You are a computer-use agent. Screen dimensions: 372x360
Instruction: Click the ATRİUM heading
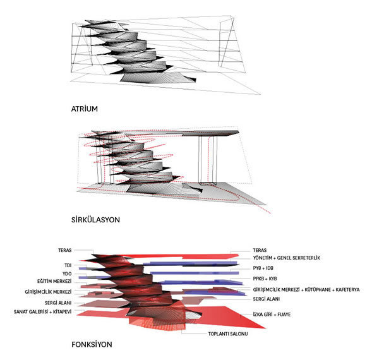tap(85, 109)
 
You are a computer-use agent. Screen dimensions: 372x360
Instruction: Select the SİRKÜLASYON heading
tap(95, 220)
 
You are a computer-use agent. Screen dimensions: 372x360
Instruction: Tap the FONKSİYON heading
tap(92, 344)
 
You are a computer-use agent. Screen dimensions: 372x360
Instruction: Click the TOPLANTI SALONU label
tap(228, 334)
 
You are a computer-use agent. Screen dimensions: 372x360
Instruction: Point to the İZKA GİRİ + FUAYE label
tap(272, 315)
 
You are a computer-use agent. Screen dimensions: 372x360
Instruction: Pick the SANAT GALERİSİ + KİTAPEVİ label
tap(42, 311)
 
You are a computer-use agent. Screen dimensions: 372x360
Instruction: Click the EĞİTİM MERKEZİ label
tap(54, 281)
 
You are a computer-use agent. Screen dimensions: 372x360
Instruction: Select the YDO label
tap(67, 273)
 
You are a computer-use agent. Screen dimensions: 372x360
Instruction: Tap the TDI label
tap(68, 265)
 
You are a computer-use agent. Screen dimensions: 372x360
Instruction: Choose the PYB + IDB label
tap(263, 268)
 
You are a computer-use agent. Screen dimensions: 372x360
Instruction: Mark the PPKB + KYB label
tap(265, 279)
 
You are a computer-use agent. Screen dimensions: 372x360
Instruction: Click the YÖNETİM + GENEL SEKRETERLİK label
tap(286, 258)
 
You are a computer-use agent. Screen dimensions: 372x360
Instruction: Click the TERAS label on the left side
tap(65, 250)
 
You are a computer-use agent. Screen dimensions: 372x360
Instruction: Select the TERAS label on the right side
tap(260, 250)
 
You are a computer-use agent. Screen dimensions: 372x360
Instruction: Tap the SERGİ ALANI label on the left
tap(58, 303)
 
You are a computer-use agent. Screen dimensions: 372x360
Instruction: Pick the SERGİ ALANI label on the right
tap(266, 299)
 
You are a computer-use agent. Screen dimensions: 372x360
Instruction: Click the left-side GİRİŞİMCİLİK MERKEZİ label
tap(48, 292)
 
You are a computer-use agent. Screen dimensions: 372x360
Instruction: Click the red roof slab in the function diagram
tap(180, 256)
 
